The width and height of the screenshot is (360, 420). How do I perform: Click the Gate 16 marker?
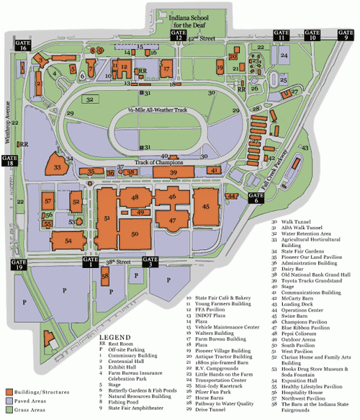pyautogui.click(x=14, y=45)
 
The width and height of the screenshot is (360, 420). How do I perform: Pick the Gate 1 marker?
pyautogui.click(x=93, y=264)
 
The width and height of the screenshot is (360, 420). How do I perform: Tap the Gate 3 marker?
pyautogui.click(x=150, y=264)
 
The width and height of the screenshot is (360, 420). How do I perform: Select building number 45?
pyautogui.click(x=207, y=207)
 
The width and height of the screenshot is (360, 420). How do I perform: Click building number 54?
pyautogui.click(x=69, y=240)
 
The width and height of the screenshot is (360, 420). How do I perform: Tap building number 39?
pyautogui.click(x=174, y=173)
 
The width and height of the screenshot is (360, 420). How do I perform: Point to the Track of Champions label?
pyautogui.click(x=157, y=163)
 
